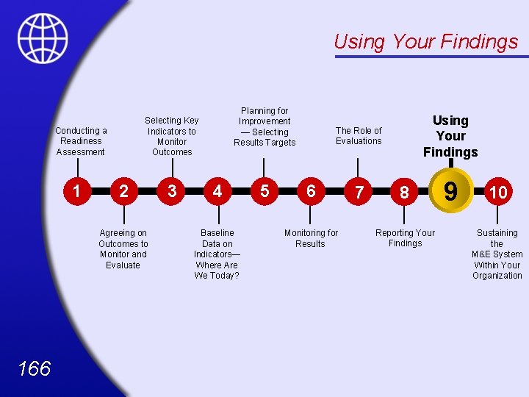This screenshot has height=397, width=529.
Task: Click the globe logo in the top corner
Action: pos(43,38)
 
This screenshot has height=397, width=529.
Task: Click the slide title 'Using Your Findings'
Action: pos(425,42)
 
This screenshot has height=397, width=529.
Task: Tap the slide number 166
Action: pos(35,368)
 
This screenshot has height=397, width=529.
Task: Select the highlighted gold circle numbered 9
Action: pos(450,191)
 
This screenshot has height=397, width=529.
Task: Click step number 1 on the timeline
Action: pos(76,191)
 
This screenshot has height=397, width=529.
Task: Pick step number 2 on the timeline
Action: pos(123,191)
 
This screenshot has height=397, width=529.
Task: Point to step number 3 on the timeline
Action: pos(171,191)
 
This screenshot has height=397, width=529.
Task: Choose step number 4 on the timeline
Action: pos(217,191)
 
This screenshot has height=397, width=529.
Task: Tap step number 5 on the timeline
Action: pos(264,191)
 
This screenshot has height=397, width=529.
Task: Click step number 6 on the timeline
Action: pos(311,191)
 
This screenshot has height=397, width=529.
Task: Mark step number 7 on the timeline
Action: pos(359,193)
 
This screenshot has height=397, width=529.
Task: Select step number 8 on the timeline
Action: pos(404,193)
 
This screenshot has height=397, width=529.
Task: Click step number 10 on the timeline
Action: pos(498,193)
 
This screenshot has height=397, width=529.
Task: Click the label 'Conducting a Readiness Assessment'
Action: pos(81,141)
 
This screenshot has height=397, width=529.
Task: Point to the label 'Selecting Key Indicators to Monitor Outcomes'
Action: pos(171,136)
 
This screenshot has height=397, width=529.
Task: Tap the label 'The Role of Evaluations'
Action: pos(359,136)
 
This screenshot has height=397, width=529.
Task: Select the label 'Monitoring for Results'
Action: pos(311,238)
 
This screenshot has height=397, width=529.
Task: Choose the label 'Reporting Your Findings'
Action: pos(405,238)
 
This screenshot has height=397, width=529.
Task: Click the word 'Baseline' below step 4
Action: pos(217,233)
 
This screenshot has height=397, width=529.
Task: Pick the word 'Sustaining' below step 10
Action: pos(497,233)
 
